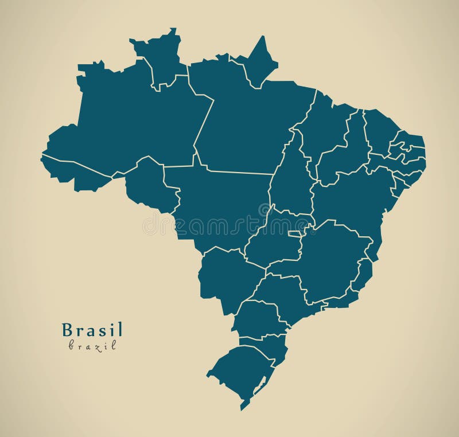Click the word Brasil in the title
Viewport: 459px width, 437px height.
click(x=92, y=330)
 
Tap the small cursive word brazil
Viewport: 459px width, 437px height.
click(x=92, y=345)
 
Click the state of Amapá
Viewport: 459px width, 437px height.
click(x=258, y=63)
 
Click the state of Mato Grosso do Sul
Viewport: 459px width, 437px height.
click(x=224, y=275)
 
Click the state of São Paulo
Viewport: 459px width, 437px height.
click(x=281, y=292)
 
